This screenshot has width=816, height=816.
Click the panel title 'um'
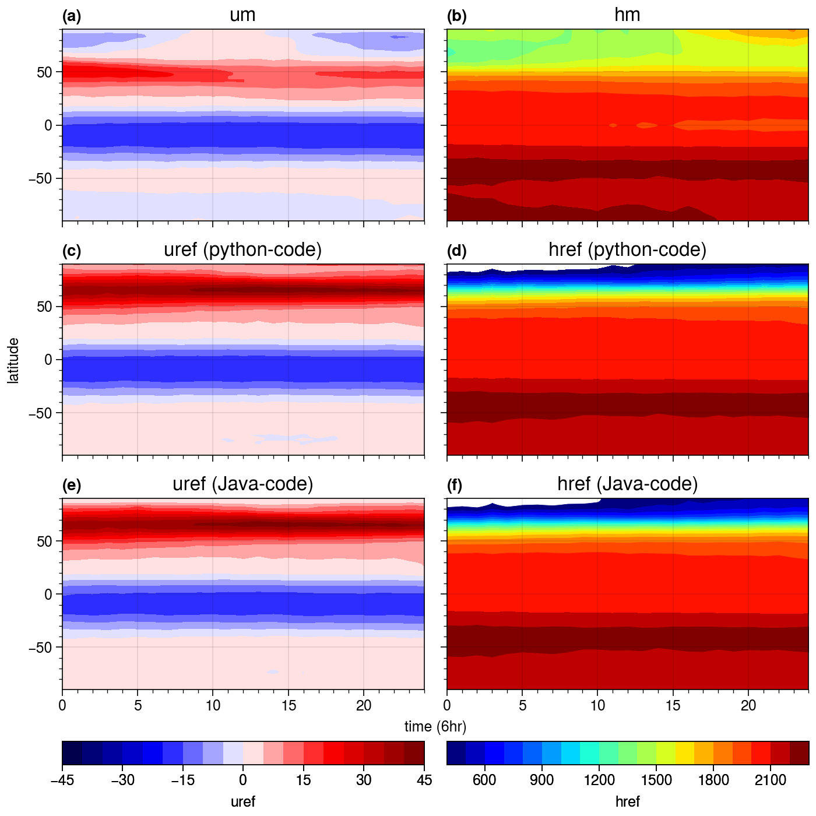pos(242,16)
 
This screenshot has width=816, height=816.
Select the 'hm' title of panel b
pos(627,16)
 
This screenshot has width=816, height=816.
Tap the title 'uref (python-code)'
pos(242,250)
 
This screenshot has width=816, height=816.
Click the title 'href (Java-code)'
pos(627,484)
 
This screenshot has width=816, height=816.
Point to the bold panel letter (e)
pos(72,486)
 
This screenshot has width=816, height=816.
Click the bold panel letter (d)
pos(457,251)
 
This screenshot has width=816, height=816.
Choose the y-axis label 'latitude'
pos(13,360)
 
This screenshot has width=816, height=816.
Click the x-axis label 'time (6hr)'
pos(435,726)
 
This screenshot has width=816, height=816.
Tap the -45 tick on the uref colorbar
pos(63,780)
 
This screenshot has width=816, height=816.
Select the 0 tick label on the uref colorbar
pos(242,780)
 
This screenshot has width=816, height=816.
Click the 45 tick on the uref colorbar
pos(424,780)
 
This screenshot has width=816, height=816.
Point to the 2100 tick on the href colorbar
pos(771,780)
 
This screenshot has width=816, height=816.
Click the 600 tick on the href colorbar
pos(484,780)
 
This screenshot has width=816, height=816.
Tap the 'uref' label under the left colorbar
pos(242,801)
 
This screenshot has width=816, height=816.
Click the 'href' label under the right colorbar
pos(627,801)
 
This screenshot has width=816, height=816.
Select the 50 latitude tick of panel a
pos(44,72)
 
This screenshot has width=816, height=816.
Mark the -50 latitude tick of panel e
pos(40,648)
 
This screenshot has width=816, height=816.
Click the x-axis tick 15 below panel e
pos(289,705)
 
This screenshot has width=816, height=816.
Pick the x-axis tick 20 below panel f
pos(748,705)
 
